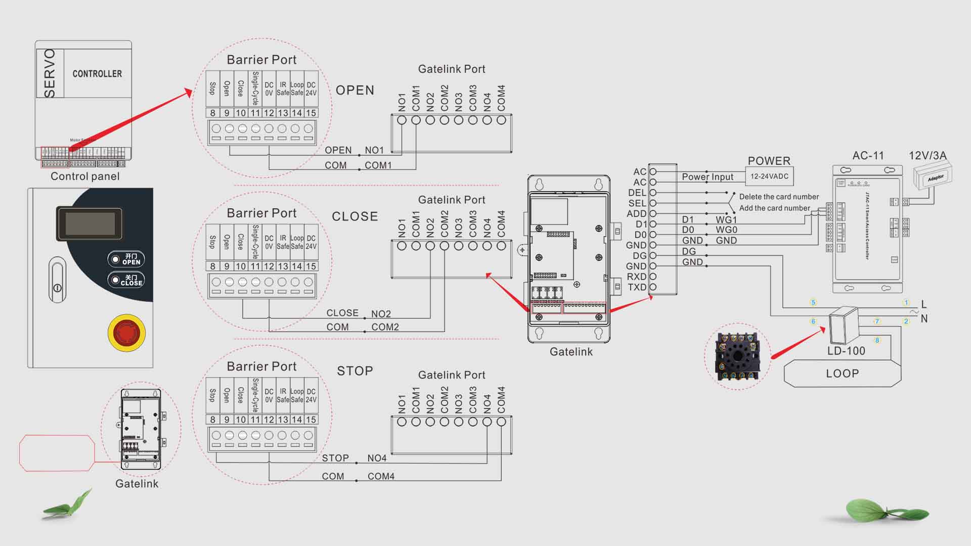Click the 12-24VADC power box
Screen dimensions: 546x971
[x=769, y=176]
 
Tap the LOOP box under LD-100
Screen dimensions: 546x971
[x=842, y=374]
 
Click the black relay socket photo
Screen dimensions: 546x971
[x=737, y=356]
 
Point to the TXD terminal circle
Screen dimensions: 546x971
[x=653, y=287]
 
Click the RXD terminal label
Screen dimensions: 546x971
[x=636, y=277]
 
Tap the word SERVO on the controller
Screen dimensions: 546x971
[x=50, y=73]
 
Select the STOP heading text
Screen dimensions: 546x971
[x=355, y=371]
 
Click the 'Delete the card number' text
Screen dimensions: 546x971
[x=779, y=197]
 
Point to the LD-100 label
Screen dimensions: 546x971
[x=846, y=351]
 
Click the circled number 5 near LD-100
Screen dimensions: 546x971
[x=813, y=303]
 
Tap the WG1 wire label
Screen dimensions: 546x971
[x=726, y=220]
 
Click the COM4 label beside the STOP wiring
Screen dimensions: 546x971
[x=381, y=476]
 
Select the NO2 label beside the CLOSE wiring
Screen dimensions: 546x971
[x=381, y=314]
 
